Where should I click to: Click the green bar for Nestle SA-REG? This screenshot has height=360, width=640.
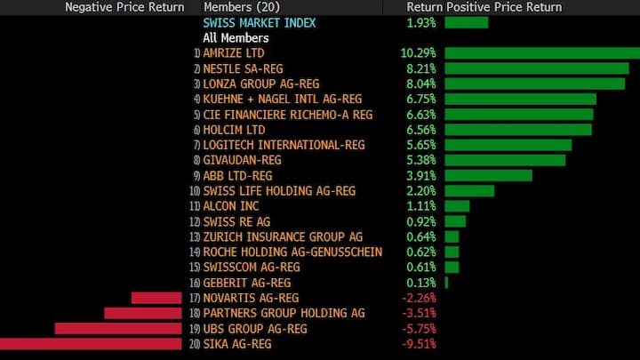click(x=541, y=68)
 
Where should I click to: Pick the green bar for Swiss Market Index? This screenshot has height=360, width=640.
click(x=466, y=21)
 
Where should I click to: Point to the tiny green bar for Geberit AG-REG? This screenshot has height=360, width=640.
click(x=446, y=283)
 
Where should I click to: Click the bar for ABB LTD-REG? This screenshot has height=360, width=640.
click(x=488, y=175)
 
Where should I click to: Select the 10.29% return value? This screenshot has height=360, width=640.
click(x=418, y=52)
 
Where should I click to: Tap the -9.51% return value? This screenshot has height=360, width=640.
click(x=419, y=344)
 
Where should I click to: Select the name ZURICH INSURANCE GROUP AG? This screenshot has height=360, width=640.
click(x=283, y=236)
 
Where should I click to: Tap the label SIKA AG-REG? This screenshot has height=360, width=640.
click(x=236, y=344)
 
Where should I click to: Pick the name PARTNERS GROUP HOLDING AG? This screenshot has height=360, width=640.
click(x=284, y=313)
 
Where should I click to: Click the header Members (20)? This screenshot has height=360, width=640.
click(x=239, y=6)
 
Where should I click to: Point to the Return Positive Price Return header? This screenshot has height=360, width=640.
click(x=484, y=6)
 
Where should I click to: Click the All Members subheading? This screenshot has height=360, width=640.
click(x=236, y=37)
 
